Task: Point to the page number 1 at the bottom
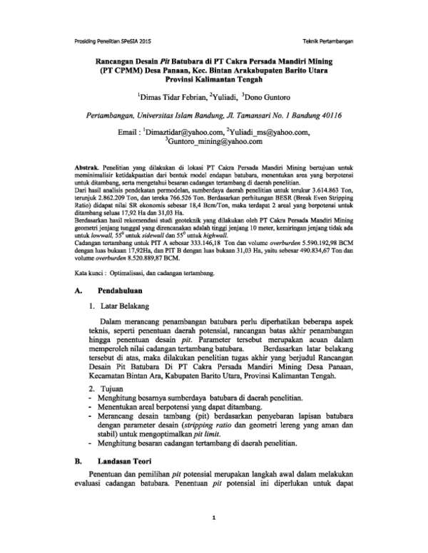tap(213, 518)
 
